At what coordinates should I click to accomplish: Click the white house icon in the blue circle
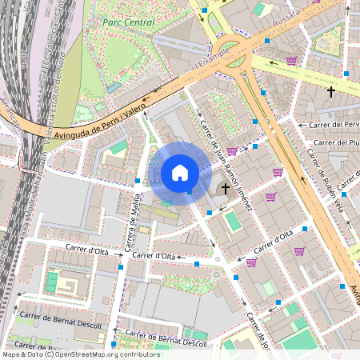(x=180, y=172)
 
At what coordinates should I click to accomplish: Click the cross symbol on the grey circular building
(x=226, y=190)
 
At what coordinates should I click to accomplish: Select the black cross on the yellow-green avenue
(x=330, y=92)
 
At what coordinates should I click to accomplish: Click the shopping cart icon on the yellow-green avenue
(x=291, y=61)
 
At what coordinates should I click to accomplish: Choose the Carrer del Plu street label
(x=336, y=142)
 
